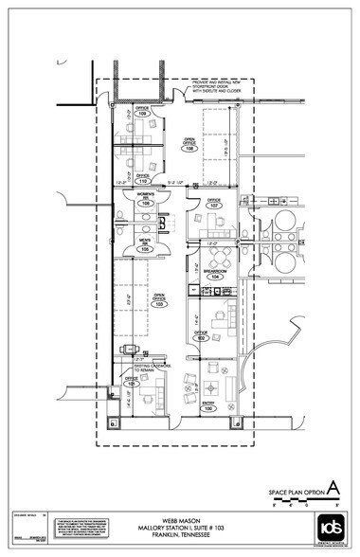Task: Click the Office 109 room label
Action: coord(143,112)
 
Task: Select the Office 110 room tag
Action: coord(143,178)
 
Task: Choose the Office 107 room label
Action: coord(214,203)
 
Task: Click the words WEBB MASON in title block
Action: coord(179,519)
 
